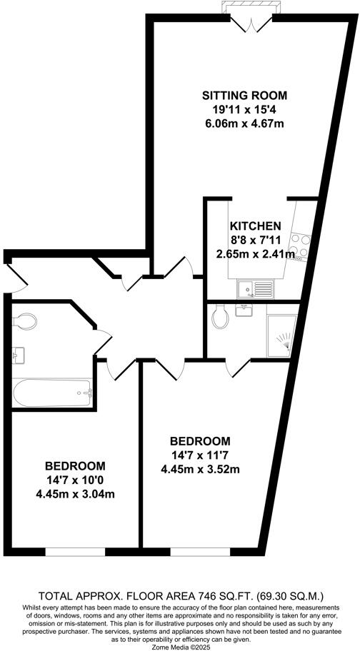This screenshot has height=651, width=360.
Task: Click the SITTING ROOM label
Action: (244, 95)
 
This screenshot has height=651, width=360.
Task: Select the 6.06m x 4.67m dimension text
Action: (244, 123)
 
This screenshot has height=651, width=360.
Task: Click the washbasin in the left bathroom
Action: (19, 353)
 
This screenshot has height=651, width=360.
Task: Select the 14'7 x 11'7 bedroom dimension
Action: (200, 455)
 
